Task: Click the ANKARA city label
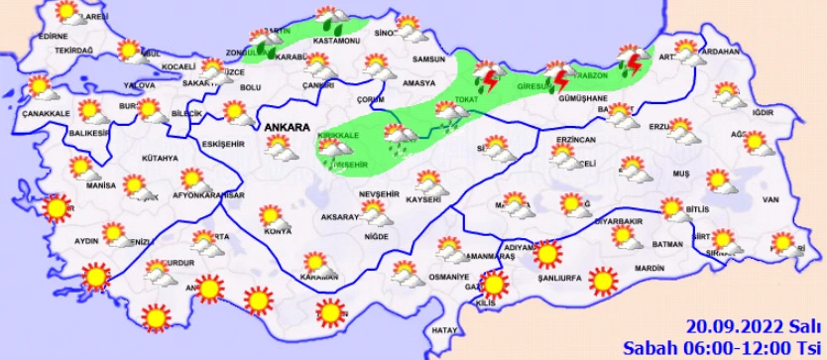pyautogui.click(x=287, y=127)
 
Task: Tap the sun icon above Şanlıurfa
pyautogui.click(x=544, y=255)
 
